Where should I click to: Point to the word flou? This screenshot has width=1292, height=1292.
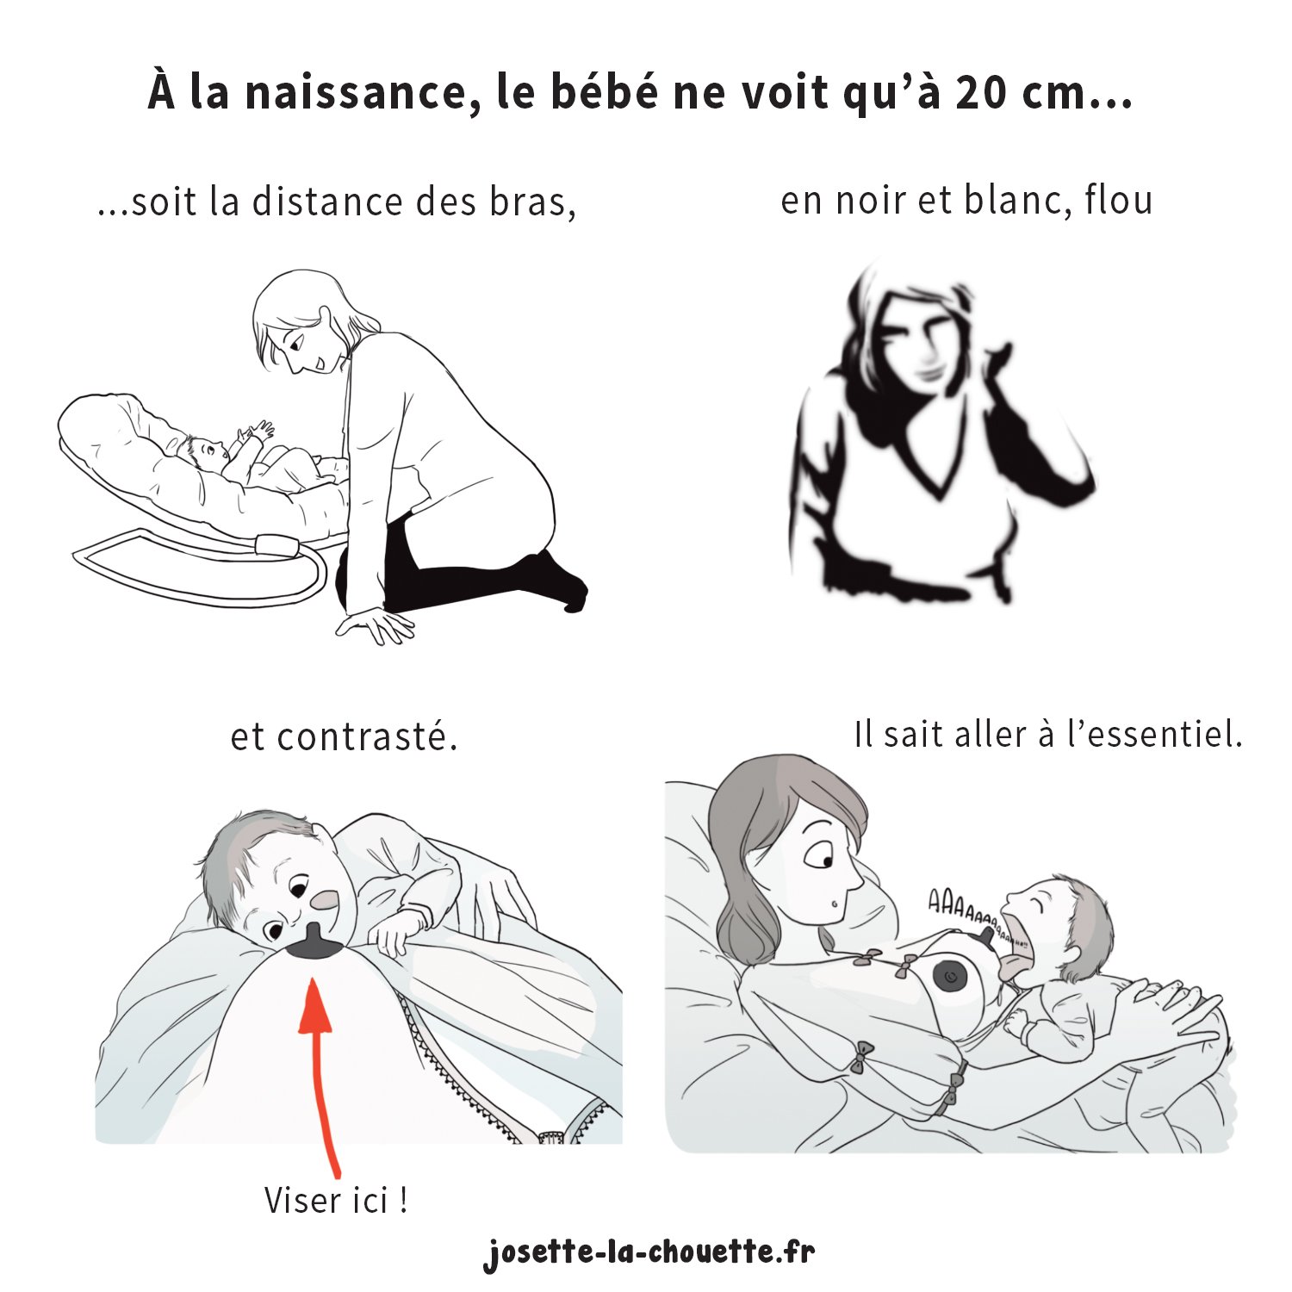click(1118, 201)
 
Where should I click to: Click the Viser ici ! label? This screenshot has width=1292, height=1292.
click(336, 1200)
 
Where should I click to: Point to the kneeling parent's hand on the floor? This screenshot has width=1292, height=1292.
click(376, 624)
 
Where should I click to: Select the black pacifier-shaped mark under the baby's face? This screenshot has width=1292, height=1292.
click(315, 943)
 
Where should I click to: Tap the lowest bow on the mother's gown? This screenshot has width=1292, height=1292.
click(952, 1096)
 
